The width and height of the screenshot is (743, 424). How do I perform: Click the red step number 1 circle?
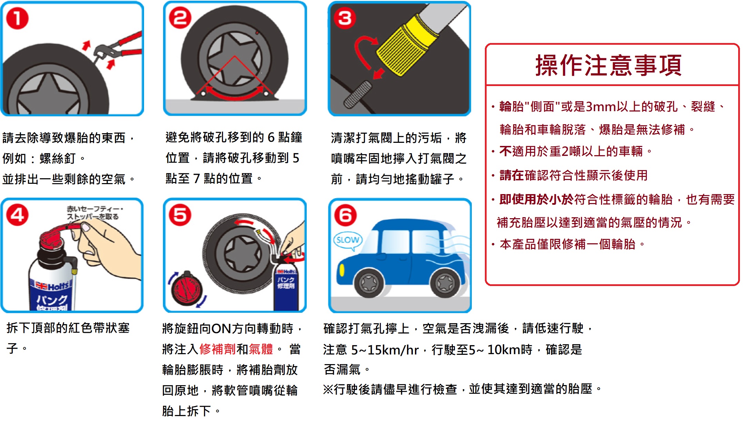tap(17, 19)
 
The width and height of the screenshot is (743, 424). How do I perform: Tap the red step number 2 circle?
tap(180, 18)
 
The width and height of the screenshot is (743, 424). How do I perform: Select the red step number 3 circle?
tap(345, 18)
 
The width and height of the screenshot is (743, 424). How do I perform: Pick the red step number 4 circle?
tap(17, 215)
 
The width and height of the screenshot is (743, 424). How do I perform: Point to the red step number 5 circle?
tap(180, 215)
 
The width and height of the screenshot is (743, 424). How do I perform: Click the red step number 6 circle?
tap(345, 215)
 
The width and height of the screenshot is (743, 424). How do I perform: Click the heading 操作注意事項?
tap(608, 65)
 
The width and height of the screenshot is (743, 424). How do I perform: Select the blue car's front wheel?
tap(369, 283)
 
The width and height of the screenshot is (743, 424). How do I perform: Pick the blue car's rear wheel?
tap(445, 283)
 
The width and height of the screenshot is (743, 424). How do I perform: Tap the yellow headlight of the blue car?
tap(342, 270)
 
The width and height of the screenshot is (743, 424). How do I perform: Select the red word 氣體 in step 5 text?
tap(261, 349)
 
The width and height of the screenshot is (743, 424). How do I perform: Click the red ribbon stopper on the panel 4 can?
tap(59, 234)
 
